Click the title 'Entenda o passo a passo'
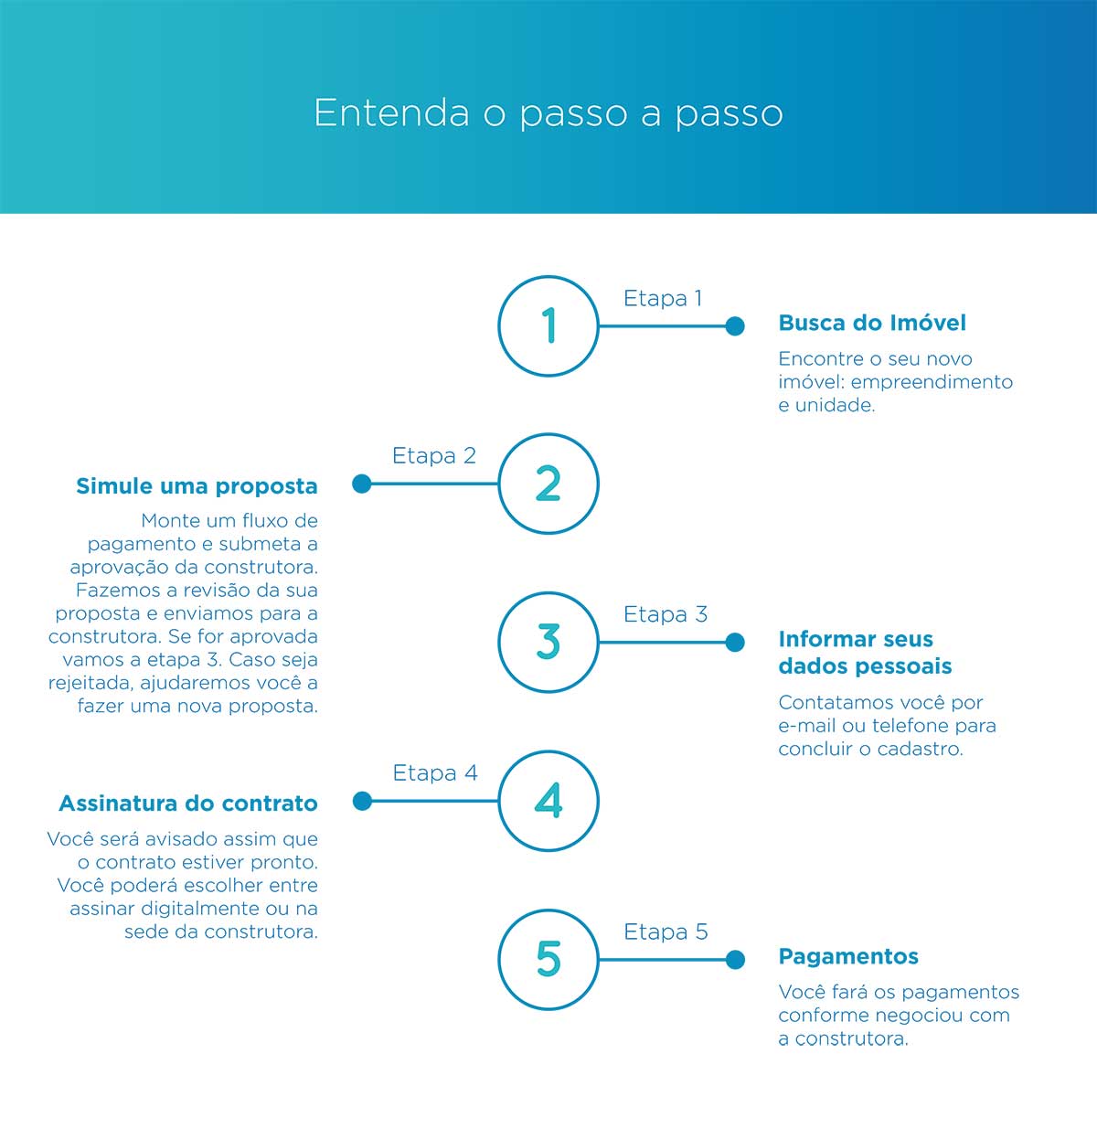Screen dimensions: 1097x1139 click(548, 113)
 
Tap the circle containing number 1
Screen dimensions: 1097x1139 click(499, 326)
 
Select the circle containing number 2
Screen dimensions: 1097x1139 click(499, 484)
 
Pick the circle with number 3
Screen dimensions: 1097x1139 click(499, 643)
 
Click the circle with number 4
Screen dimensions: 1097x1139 click(499, 801)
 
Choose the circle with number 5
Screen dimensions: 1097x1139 click(499, 959)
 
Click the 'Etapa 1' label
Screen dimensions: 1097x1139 click(663, 298)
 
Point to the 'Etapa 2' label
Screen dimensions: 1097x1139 click(433, 455)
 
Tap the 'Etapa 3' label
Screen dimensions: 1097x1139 click(666, 614)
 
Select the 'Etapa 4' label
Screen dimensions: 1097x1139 click(435, 772)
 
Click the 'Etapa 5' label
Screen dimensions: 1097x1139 click(666, 931)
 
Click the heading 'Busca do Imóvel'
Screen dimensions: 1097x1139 click(872, 323)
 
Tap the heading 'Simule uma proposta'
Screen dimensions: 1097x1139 click(197, 486)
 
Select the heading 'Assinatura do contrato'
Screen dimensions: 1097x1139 click(188, 803)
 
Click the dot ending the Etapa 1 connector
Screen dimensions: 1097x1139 click(735, 326)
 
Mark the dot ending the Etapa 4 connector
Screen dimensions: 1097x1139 click(362, 801)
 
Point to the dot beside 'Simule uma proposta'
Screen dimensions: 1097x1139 click(362, 484)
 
